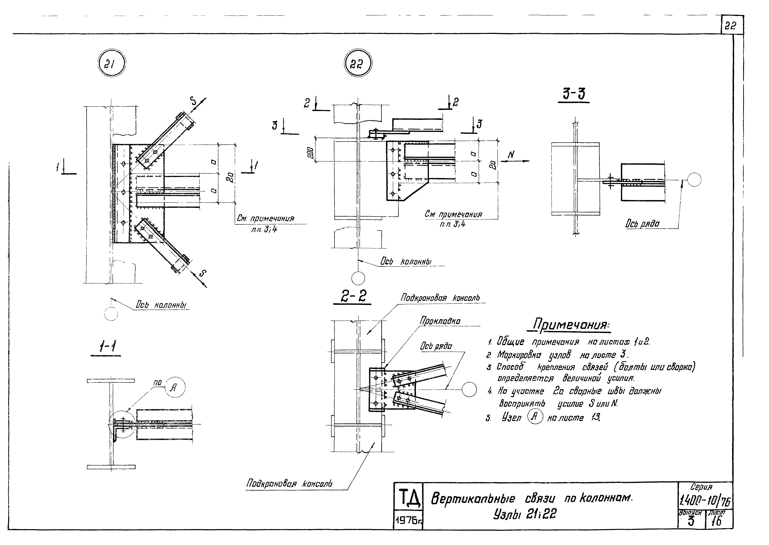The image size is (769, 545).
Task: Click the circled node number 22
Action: pos(358,63)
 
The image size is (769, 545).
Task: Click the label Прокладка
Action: pos(440,321)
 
